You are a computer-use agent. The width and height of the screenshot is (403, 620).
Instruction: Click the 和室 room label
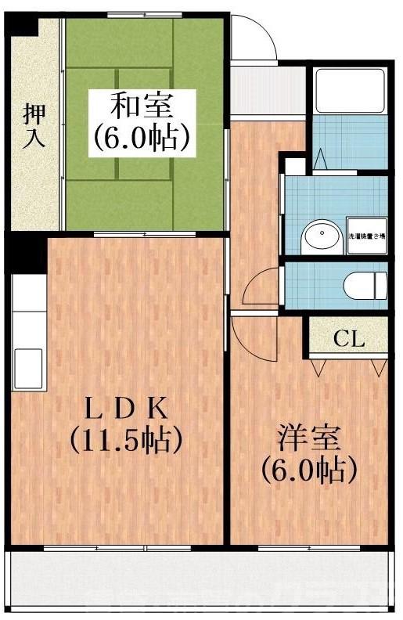coord(142,104)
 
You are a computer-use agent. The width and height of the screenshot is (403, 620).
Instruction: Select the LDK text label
coord(125,408)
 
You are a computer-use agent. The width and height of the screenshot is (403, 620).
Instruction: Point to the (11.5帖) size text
coord(126,440)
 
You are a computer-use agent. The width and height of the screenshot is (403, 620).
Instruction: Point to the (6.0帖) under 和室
coord(142,138)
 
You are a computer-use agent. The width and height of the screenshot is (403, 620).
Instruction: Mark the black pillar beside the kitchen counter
coord(28,254)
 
